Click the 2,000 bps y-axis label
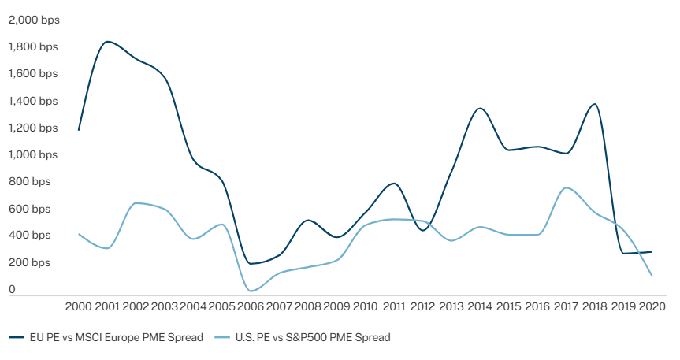33,20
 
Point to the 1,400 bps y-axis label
33,101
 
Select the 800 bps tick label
29,181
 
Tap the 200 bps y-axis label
29,262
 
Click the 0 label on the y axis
12,289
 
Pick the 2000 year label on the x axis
79,306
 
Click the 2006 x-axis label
251,306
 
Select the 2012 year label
422,306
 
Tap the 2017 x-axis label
566,306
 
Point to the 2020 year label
652,306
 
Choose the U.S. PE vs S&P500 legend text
313,337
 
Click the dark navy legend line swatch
17,337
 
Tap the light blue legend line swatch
221,337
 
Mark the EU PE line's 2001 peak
108,42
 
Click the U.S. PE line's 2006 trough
252,291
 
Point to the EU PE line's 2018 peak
594,104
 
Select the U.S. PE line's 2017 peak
566,187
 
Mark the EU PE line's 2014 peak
480,108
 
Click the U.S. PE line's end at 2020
652,276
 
